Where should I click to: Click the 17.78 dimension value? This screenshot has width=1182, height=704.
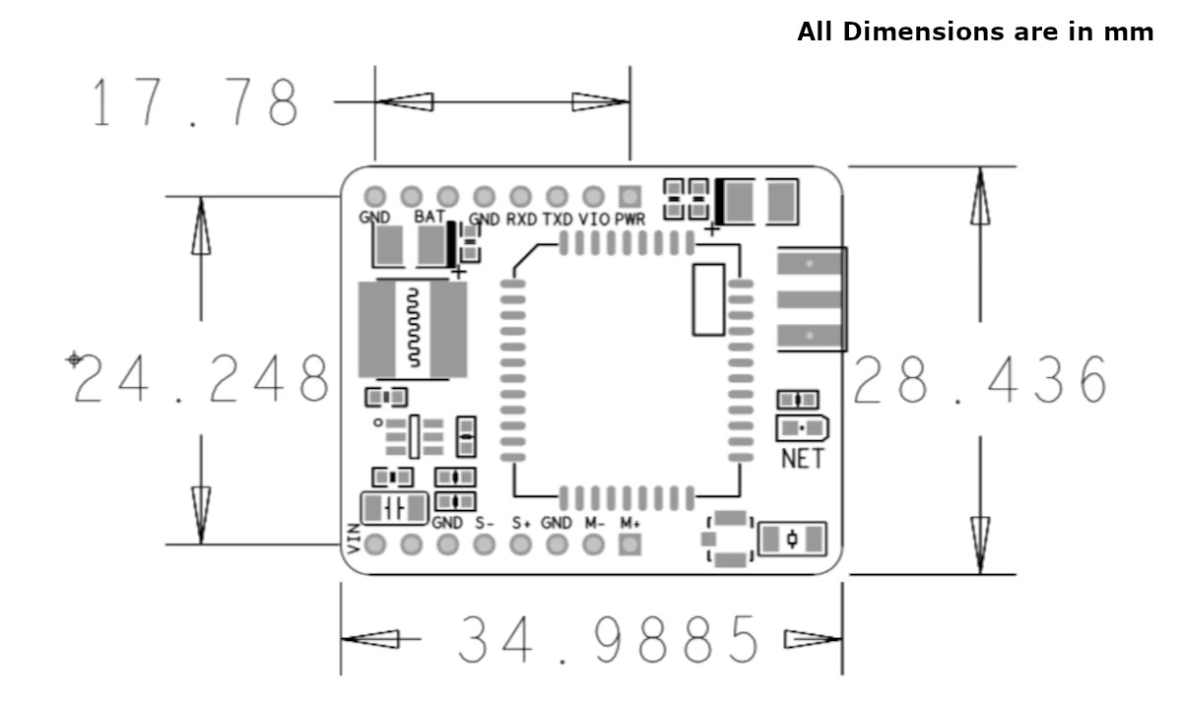pos(194,101)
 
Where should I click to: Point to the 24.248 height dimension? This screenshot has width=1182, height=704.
pos(201,379)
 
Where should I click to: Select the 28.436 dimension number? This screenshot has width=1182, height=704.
pos(980,380)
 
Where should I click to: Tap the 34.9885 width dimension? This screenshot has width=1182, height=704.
pos(611,640)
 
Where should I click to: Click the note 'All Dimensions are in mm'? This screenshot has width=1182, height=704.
pos(975,32)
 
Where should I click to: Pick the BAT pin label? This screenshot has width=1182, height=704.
pos(429,216)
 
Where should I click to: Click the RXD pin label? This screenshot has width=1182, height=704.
pos(521,220)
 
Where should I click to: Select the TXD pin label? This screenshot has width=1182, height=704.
pos(558,220)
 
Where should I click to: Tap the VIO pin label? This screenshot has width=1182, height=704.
pos(593,220)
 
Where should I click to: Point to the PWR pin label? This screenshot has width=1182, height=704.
pos(630,220)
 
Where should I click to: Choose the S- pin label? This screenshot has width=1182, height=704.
pos(485,523)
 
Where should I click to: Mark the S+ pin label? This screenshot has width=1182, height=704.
pos(521,523)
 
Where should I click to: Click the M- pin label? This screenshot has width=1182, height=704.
pos(594,523)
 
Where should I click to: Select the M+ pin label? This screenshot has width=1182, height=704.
pos(630,523)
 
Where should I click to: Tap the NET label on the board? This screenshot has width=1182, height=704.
pos(802,459)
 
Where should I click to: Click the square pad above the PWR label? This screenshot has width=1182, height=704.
pos(630,196)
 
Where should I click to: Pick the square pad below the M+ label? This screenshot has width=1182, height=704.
pos(630,544)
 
